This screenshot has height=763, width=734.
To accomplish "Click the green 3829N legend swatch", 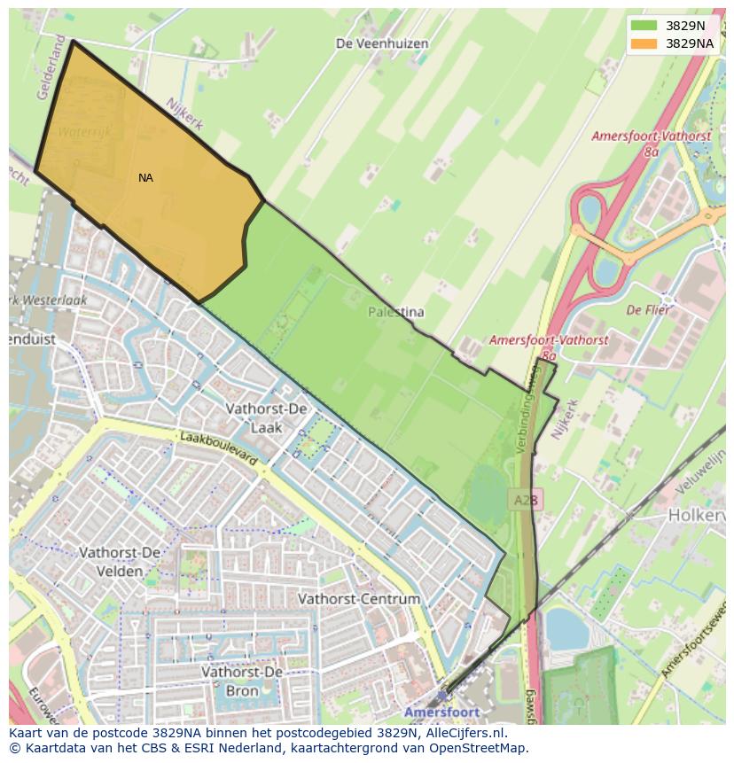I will click(x=644, y=26).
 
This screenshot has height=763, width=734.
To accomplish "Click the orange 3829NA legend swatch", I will click(x=644, y=43).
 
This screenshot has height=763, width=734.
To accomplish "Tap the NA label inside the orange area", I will click(x=145, y=178).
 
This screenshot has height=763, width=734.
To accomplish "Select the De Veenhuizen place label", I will click(x=382, y=43).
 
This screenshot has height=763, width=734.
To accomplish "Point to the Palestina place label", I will click(x=396, y=312).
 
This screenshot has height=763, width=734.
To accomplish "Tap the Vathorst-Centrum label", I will click(x=359, y=599).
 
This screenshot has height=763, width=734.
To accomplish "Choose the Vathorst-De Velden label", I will click(x=120, y=562).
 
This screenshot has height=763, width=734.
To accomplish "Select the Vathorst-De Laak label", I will click(x=266, y=417).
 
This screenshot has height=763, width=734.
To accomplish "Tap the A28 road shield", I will click(x=526, y=501).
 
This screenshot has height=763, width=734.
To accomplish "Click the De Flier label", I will click(x=647, y=310).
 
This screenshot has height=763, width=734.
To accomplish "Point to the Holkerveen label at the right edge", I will click(x=698, y=514).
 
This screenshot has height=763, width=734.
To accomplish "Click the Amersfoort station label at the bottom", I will click(x=441, y=712).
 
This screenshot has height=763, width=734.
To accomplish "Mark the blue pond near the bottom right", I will click(x=566, y=628).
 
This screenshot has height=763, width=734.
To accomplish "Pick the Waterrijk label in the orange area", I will click(x=84, y=132).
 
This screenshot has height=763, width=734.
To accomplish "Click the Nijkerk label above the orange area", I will click(x=185, y=111).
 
